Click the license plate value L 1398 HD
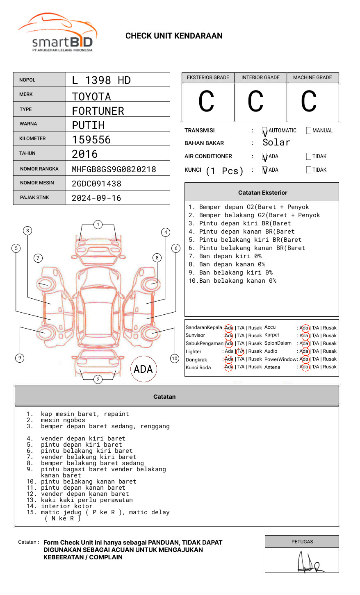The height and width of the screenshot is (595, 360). pyautogui.click(x=101, y=80)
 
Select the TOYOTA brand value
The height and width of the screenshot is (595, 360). pyautogui.click(x=91, y=97)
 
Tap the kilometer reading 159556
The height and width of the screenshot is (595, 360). pyautogui.click(x=91, y=140)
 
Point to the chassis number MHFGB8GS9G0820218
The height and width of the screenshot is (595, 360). pyautogui.click(x=114, y=169)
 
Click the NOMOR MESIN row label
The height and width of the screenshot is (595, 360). pyautogui.click(x=37, y=183)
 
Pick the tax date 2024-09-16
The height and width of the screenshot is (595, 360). pyautogui.click(x=96, y=198)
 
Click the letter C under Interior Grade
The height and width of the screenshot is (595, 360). pyautogui.click(x=255, y=102)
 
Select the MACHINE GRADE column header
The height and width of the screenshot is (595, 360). pyautogui.click(x=312, y=77)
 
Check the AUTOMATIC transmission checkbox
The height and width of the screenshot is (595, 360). pyautogui.click(x=265, y=131)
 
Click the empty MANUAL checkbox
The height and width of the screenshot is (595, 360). pyautogui.click(x=309, y=131)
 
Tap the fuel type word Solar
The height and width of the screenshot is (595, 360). pyautogui.click(x=276, y=143)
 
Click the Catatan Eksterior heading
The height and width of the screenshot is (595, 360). pyautogui.click(x=262, y=193)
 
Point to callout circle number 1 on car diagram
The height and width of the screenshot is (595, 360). pyautogui.click(x=98, y=225)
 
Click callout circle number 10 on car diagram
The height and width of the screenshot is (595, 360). pyautogui.click(x=175, y=359)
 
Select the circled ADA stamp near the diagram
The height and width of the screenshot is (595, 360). pyautogui.click(x=143, y=369)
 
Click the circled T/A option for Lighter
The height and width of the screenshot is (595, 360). pyautogui.click(x=240, y=351)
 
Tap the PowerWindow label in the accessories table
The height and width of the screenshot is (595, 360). pyautogui.click(x=280, y=359)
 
